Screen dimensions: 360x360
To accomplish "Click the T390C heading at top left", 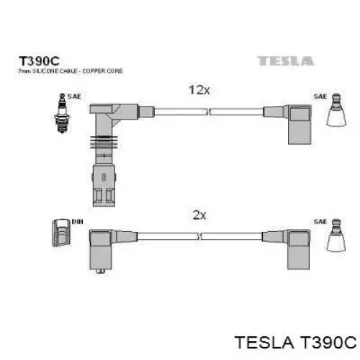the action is tap(39, 61).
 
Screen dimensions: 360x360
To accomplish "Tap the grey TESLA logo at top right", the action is tap(285, 61).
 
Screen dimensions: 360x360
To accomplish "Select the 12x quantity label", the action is tap(199, 90).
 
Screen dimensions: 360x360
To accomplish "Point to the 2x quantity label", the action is tap(199, 215).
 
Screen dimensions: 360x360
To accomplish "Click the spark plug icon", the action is tap(62, 113).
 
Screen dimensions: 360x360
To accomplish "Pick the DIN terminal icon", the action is tap(61, 233).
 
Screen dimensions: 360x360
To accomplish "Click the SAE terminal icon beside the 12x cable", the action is tap(336, 109).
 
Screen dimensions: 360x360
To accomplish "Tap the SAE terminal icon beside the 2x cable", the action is tap(336, 235).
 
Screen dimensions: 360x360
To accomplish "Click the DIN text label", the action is tap(77, 222).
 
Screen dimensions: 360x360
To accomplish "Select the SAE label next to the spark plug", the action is tap(74, 96).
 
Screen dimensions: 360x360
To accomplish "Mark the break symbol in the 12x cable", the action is tap(208, 112).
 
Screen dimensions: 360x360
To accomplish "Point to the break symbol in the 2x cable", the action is tap(199, 236).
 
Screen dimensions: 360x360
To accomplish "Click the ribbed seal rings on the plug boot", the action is tap(104, 142).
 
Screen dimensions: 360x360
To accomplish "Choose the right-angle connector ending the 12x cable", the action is tap(287, 125).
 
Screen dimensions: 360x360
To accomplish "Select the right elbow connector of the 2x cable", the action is tap(286, 249).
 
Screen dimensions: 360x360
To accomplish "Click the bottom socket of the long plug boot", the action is tap(104, 185).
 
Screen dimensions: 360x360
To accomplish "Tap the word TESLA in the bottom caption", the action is tap(264, 342).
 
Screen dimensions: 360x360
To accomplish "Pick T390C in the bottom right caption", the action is tap(328, 342).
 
